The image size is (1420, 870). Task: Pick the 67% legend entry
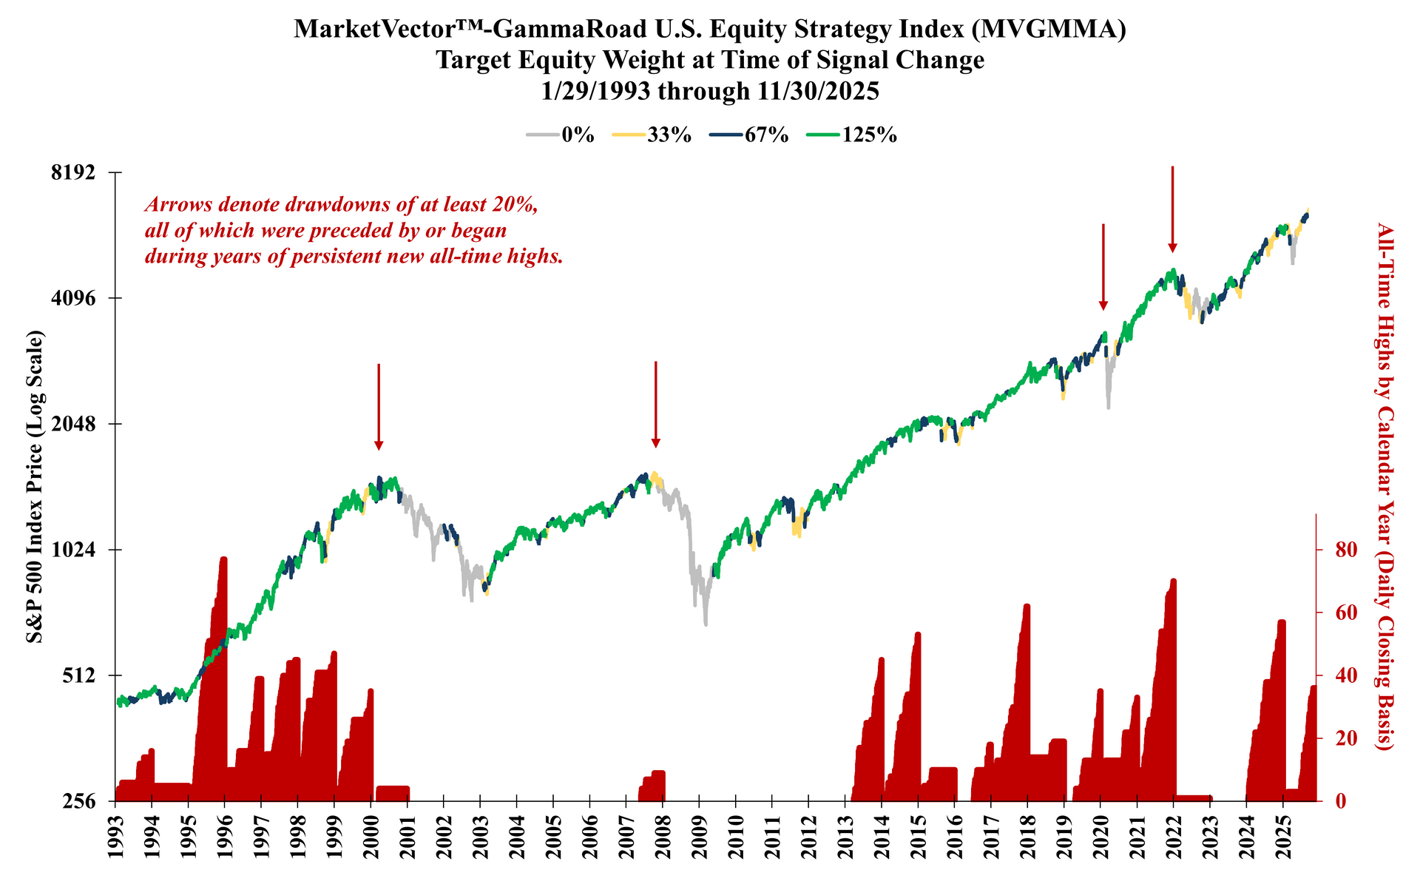click(x=749, y=135)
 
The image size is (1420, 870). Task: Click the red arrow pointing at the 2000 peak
click(x=379, y=407)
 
